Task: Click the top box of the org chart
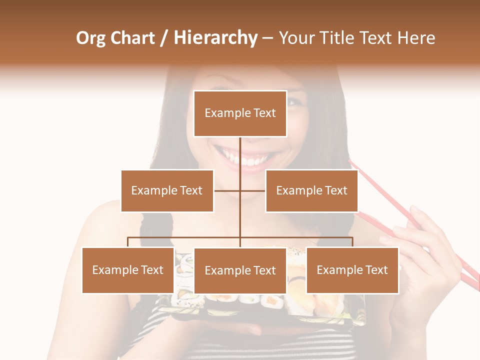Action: tap(240, 113)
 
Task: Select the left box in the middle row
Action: tap(167, 190)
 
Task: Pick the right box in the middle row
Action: tap(311, 190)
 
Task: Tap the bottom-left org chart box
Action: tap(128, 270)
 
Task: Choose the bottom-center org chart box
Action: tap(240, 270)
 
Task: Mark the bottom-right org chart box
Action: tap(352, 270)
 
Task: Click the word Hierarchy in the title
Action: tap(215, 38)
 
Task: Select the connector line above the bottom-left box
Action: tap(128, 242)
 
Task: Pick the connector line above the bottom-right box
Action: tap(352, 242)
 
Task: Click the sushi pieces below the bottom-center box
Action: tap(240, 300)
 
